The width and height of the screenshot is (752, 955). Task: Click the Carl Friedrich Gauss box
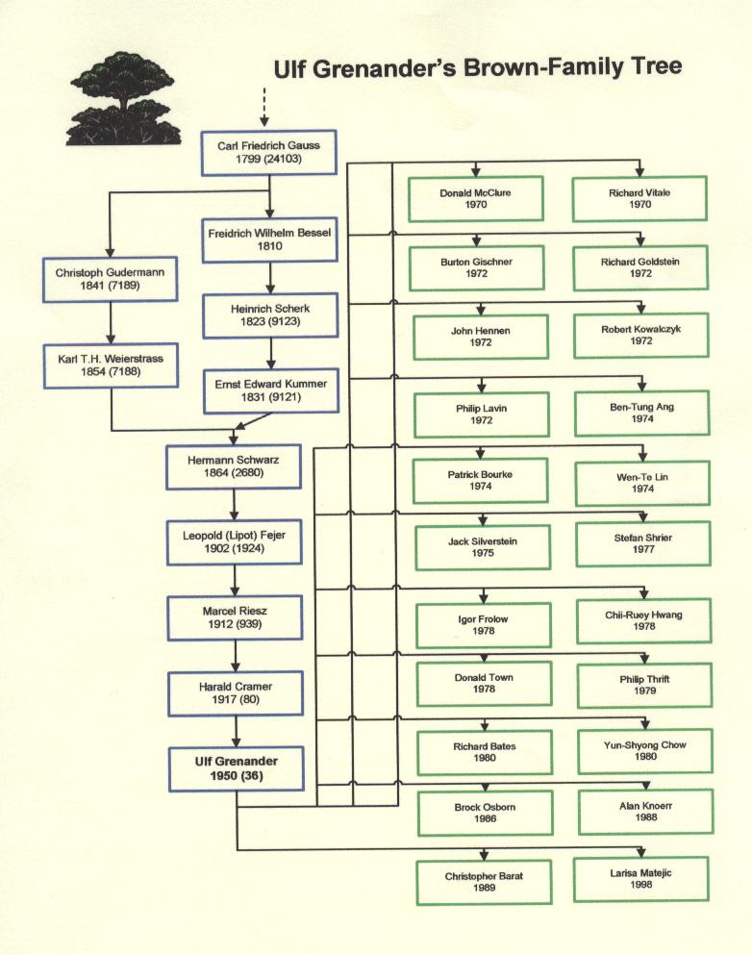(268, 152)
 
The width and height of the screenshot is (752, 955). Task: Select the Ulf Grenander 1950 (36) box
(237, 768)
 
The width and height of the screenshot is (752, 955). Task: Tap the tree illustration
(124, 99)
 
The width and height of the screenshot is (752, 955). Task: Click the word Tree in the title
(657, 65)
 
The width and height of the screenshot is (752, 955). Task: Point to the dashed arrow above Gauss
(264, 107)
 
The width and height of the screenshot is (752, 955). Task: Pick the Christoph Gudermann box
(111, 280)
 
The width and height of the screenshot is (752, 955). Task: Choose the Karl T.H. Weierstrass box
(111, 365)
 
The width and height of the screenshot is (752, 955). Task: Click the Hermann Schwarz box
(234, 466)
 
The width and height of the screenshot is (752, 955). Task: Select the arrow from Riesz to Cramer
(235, 655)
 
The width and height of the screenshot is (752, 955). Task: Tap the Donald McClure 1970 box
(476, 198)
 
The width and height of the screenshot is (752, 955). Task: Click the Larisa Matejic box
(640, 879)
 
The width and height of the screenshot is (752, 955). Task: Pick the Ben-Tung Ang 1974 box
(642, 413)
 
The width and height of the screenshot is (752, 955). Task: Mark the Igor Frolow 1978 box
(484, 625)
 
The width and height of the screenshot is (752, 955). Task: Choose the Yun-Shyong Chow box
(645, 750)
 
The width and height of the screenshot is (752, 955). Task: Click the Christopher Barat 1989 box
(484, 882)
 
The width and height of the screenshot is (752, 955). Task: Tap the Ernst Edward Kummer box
(271, 391)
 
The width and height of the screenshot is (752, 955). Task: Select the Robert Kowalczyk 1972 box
(641, 335)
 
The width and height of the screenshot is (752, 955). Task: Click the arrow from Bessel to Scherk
(270, 278)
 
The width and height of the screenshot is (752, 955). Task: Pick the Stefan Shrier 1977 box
(643, 543)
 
